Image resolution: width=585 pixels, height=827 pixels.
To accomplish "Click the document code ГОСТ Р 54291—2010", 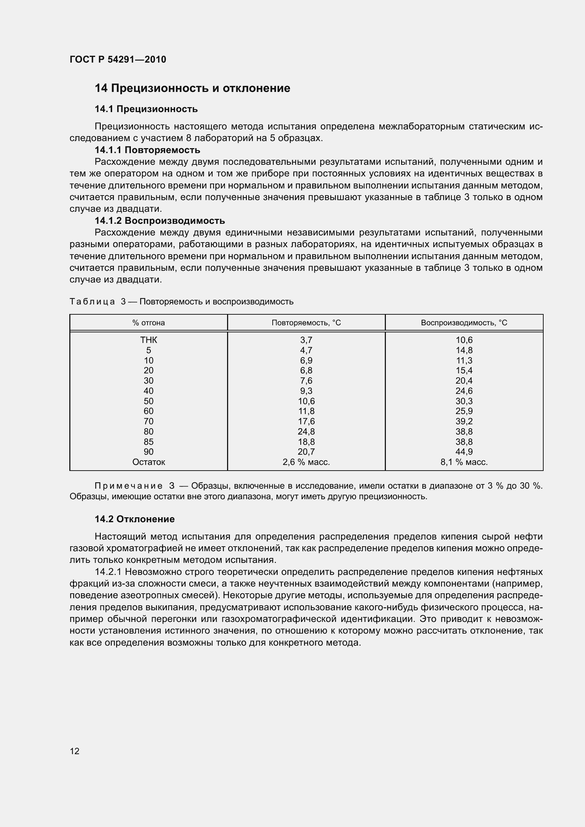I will pos(118,59).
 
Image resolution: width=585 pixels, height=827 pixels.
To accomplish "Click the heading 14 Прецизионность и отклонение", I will pos(192,88).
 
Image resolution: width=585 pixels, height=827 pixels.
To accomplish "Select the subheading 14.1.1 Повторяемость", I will pos(147,150).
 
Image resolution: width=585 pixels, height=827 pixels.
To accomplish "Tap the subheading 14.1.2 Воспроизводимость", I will pos(160,220).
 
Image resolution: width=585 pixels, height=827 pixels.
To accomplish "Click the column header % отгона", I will pos(149,323).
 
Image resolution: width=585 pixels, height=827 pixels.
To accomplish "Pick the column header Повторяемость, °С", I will pos(306,323).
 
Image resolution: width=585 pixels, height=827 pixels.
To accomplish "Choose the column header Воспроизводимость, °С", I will pos(464,323).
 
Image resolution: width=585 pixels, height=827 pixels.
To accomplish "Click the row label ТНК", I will pos(149,340).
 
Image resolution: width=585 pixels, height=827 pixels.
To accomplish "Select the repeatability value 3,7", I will pos(306,340).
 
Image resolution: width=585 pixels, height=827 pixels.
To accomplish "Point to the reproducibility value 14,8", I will pos(464,350).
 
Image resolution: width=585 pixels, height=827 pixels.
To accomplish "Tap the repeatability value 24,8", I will pos(306,431).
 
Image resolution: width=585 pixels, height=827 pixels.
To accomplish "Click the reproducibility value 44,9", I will pos(464,452).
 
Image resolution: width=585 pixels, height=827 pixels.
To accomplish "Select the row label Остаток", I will pos(149,462).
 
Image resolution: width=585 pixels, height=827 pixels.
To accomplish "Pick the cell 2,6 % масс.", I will pos(306,462).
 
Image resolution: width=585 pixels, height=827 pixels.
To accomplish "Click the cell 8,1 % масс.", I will pos(464,462).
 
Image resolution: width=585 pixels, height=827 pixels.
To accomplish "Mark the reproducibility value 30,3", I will pos(464,401).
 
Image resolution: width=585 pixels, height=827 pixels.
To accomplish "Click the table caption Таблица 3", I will pos(97,302).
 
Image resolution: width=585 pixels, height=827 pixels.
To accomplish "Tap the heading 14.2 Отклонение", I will pos(134,519).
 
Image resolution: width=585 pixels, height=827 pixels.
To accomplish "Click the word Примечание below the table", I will pos(128,486).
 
